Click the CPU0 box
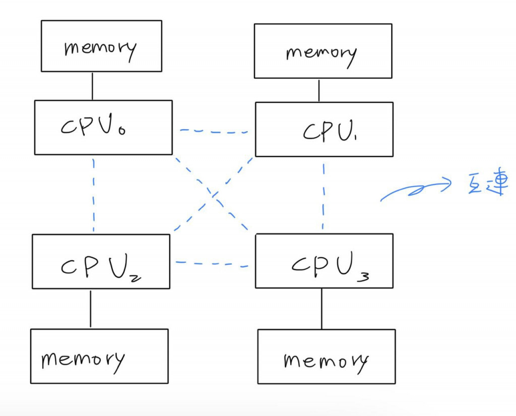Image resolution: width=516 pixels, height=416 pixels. point(103,127)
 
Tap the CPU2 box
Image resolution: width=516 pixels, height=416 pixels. point(101,261)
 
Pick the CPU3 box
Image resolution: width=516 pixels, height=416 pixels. point(324,261)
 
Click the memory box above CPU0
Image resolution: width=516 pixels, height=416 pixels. point(101,46)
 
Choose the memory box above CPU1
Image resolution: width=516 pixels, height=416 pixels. point(323,51)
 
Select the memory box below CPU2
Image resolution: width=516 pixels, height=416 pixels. point(99,356)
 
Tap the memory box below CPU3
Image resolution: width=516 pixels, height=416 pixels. point(327,356)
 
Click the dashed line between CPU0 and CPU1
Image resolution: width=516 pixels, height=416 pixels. point(214,131)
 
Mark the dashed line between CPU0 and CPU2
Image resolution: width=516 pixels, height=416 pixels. point(94,195)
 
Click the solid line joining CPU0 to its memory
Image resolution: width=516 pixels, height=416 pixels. point(92,86)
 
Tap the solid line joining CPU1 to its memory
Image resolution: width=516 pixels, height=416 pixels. point(318,90)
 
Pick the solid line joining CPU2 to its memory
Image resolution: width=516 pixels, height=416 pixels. point(91,309)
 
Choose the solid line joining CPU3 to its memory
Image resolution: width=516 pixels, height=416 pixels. point(321,309)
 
